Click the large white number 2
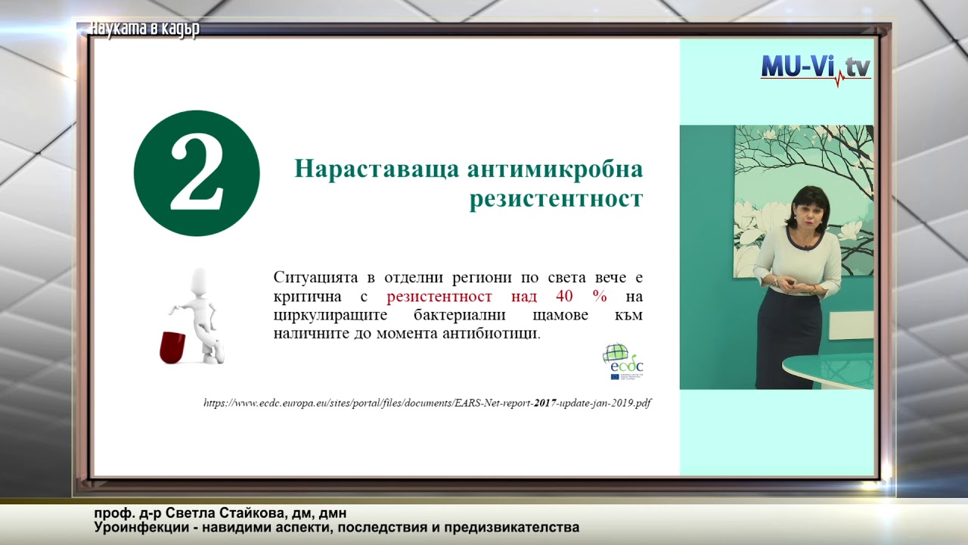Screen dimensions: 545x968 pos(197,173)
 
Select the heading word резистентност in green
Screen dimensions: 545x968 pos(556,199)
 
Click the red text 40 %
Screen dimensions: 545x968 pos(582,296)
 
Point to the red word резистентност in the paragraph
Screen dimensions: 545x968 pos(439,296)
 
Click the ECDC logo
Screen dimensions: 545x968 pos(623,361)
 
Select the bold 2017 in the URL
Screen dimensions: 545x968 pos(544,403)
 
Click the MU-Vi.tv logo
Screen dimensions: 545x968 pos(815,69)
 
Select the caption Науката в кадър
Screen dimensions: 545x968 pos(144,30)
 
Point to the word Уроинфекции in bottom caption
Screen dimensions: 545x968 pos(138,527)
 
